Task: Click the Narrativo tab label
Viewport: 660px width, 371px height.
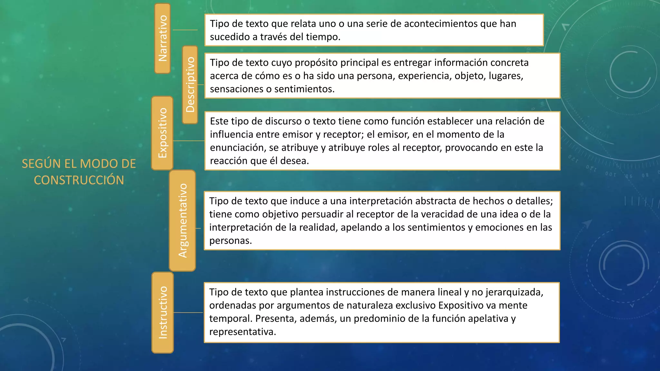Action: click(x=163, y=38)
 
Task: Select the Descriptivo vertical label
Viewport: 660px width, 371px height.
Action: click(x=190, y=84)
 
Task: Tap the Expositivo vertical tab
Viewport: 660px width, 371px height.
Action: click(x=162, y=133)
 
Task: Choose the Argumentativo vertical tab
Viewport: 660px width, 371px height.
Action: click(x=182, y=221)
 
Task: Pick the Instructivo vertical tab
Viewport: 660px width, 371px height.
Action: click(x=163, y=312)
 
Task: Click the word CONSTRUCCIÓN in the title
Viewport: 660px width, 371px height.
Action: click(x=79, y=180)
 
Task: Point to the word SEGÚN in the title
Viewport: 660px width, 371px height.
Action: click(x=41, y=164)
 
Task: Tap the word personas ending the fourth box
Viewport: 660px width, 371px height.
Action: click(x=230, y=241)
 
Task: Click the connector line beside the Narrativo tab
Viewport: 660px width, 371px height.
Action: click(x=185, y=30)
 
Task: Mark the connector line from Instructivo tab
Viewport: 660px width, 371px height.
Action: click(x=188, y=312)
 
